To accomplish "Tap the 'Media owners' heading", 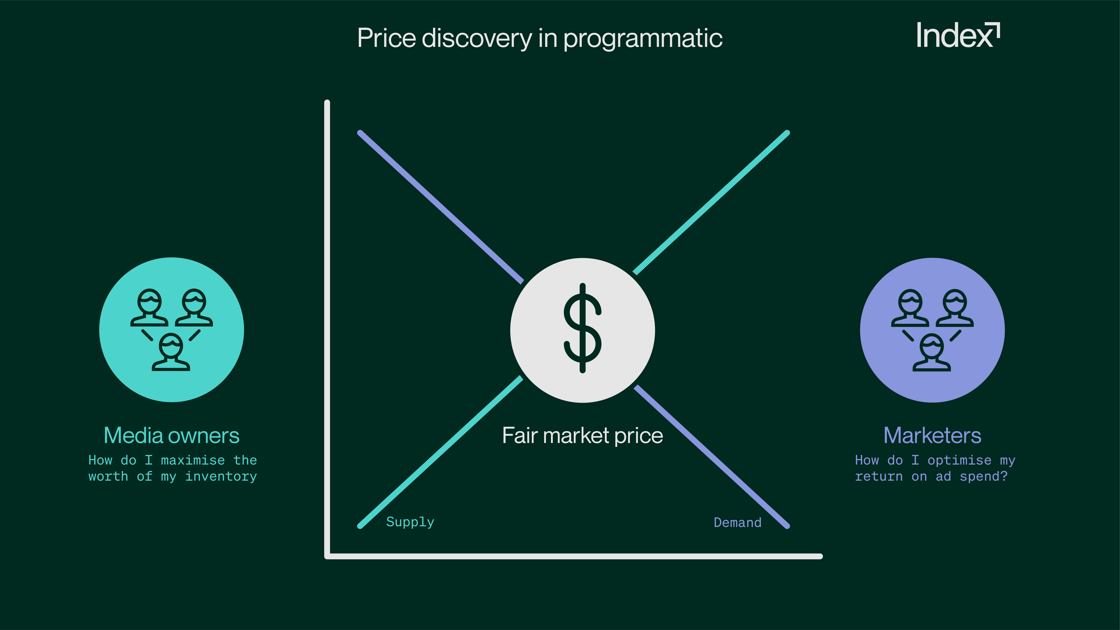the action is click(x=172, y=435).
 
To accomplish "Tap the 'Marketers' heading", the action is click(x=933, y=435).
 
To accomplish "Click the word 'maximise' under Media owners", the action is click(x=193, y=460).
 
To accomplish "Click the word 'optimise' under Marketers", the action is click(x=960, y=460).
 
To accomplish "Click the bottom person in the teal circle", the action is click(x=171, y=352).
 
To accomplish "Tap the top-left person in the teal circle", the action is click(x=149, y=307).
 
